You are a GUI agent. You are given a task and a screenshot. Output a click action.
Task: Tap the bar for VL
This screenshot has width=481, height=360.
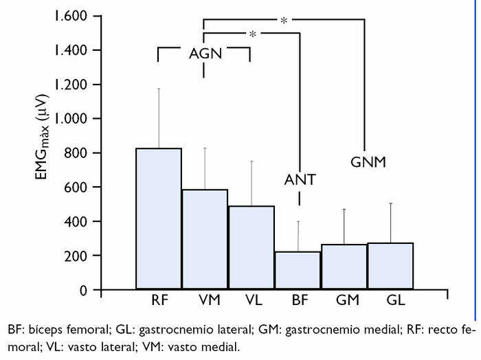[251, 247]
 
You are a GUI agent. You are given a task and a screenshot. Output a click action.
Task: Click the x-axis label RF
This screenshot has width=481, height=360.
[159, 301]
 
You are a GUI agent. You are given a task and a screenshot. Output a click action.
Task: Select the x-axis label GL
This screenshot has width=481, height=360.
[390, 301]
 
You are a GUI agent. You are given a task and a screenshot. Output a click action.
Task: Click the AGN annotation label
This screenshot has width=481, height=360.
[205, 54]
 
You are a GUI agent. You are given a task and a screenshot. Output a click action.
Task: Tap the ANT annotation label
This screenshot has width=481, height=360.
[300, 180]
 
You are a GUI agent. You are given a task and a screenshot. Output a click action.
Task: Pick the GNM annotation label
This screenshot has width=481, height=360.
[368, 163]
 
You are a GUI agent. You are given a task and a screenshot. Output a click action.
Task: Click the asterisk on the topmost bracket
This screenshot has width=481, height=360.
[284, 21]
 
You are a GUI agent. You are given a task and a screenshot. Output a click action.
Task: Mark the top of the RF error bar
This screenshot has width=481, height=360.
[159, 88]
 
